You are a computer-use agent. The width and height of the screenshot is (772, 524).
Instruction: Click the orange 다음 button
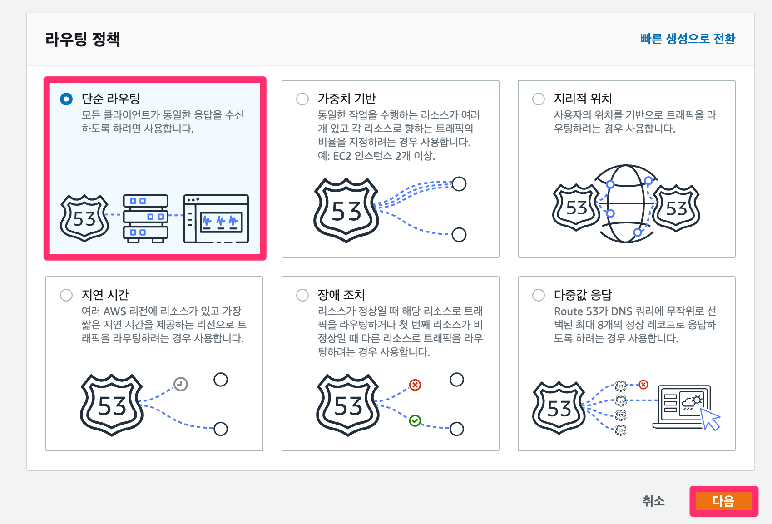[723, 501]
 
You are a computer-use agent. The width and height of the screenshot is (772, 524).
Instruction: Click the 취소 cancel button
[653, 501]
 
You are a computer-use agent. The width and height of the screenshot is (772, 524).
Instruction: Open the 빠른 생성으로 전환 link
[687, 39]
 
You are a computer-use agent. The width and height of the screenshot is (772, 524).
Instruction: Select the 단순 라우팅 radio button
[66, 99]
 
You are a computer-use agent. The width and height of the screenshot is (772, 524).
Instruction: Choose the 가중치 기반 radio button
[302, 99]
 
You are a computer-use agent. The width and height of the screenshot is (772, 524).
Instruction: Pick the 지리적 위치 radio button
[539, 99]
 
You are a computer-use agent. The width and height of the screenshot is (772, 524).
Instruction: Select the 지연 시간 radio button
[66, 295]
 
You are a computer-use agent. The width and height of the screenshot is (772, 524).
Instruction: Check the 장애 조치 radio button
[302, 295]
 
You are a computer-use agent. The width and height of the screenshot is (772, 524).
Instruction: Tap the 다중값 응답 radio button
[539, 295]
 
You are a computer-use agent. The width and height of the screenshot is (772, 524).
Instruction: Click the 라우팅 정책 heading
[83, 39]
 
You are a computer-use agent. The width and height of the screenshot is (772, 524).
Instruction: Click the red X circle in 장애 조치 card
[415, 385]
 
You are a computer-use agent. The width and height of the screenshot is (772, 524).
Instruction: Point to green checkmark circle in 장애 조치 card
[415, 421]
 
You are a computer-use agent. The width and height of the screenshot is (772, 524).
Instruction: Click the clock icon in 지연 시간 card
[181, 384]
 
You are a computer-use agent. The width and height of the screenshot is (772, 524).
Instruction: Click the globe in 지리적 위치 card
[626, 204]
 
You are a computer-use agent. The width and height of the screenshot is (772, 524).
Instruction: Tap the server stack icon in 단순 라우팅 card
[146, 218]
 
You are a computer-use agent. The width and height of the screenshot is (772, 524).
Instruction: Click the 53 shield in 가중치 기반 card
[346, 210]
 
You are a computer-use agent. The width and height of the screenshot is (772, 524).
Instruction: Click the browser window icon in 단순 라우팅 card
[216, 218]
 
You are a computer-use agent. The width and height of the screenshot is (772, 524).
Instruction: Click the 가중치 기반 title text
[347, 99]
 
